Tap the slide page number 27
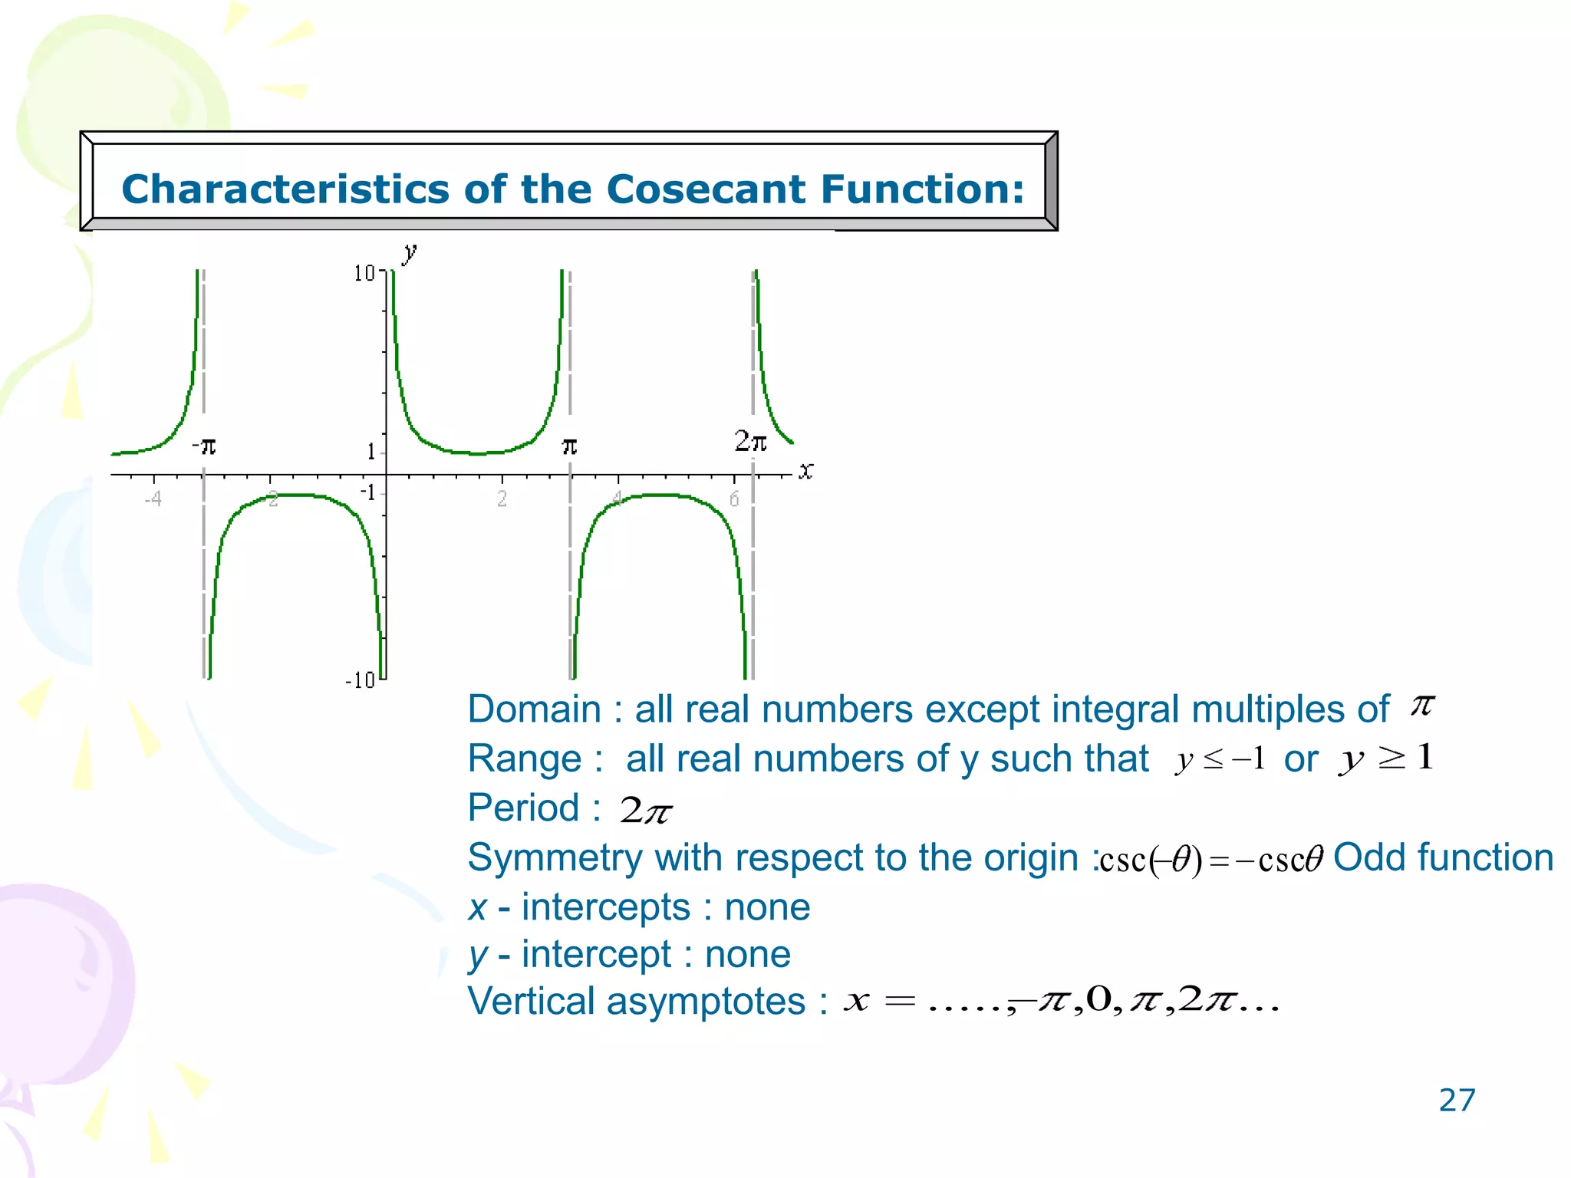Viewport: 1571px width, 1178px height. [x=1456, y=1100]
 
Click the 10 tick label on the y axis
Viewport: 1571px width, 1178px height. [x=364, y=273]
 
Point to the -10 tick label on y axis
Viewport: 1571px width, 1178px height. [x=360, y=680]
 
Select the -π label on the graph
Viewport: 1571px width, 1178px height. [x=204, y=446]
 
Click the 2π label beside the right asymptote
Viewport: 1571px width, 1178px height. [x=750, y=441]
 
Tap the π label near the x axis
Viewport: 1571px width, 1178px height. [x=569, y=446]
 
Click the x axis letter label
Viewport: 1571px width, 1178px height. [x=805, y=471]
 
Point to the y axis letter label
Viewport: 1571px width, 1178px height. [x=410, y=252]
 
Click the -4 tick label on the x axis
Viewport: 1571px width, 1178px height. [x=153, y=499]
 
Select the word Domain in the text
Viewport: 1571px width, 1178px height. [x=534, y=709]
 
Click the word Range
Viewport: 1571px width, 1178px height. [x=525, y=759]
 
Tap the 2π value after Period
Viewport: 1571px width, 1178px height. [x=646, y=810]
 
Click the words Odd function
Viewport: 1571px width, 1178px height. [x=1443, y=857]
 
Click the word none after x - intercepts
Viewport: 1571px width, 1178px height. [x=767, y=907]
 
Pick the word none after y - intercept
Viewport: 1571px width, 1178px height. [x=747, y=955]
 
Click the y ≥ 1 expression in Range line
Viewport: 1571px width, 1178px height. [x=1385, y=758]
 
